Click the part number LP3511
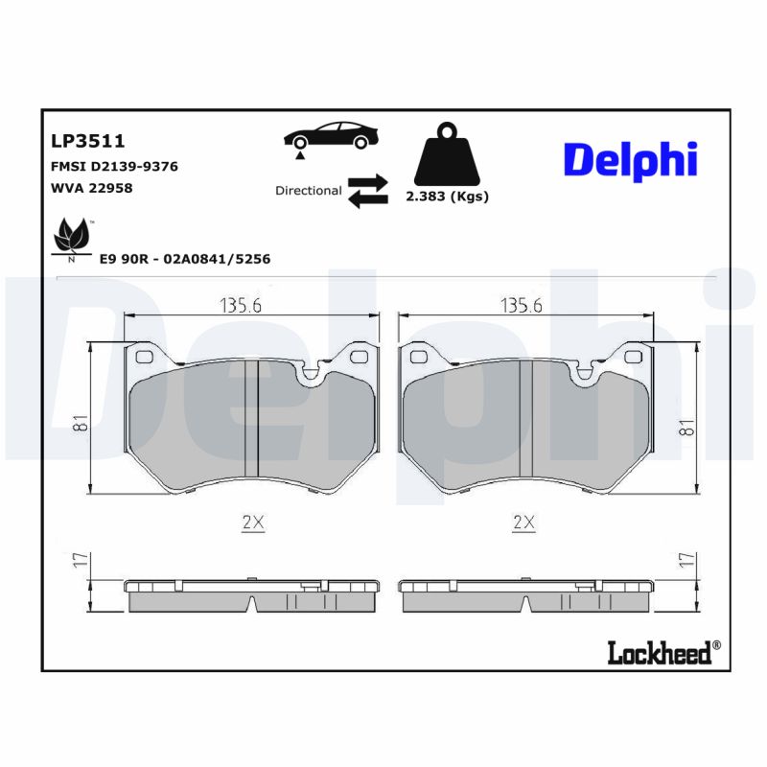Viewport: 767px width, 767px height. (87, 141)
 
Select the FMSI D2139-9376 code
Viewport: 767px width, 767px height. (113, 166)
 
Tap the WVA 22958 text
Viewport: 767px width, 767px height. (91, 188)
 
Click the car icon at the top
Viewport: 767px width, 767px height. (330, 136)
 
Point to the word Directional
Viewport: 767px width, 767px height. (308, 191)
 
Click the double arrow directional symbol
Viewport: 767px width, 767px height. (367, 190)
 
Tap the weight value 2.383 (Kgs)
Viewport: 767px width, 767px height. (447, 197)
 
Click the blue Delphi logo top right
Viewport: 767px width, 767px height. (630, 160)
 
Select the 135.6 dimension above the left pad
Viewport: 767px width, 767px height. (242, 306)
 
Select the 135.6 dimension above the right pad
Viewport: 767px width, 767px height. (522, 306)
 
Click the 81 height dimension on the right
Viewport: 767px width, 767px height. (684, 427)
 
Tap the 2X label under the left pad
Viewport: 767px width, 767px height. (252, 523)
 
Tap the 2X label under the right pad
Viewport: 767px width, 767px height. (523, 523)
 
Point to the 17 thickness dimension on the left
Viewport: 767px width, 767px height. (78, 562)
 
